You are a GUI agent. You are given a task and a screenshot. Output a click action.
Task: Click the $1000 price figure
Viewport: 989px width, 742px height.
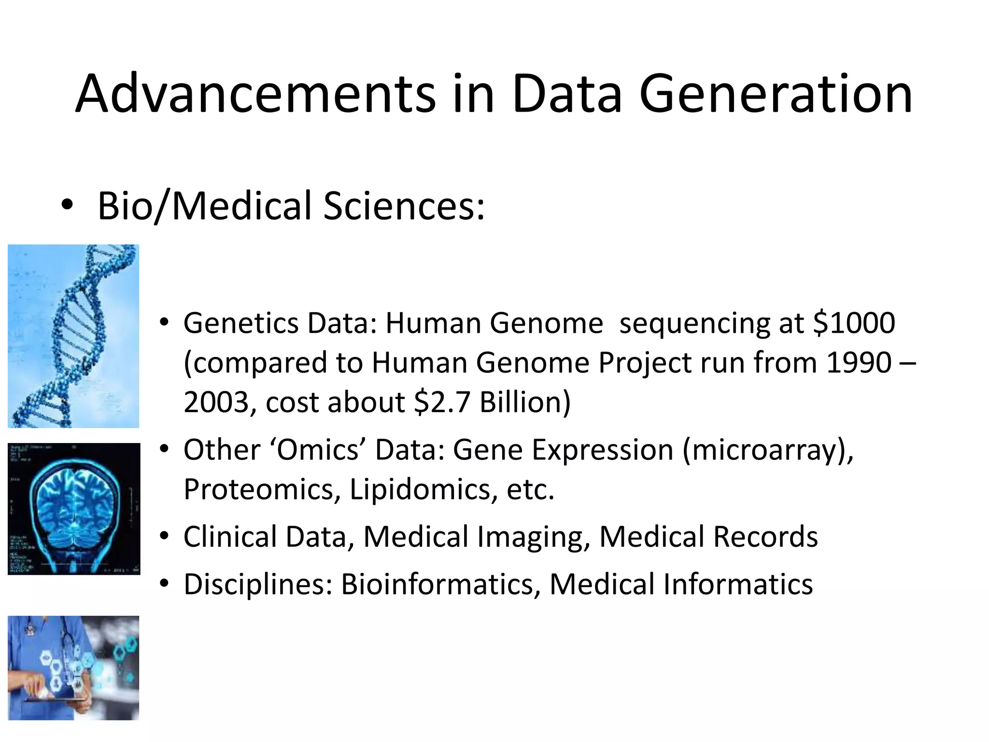[854, 323]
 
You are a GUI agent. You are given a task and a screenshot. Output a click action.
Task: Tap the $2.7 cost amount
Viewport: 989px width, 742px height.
[442, 402]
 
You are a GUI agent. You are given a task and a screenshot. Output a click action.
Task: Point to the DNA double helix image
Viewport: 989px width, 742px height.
[73, 336]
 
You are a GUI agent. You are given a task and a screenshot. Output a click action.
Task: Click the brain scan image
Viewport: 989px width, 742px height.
[74, 509]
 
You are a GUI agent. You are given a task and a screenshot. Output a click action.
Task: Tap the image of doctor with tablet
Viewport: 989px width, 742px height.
[73, 668]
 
